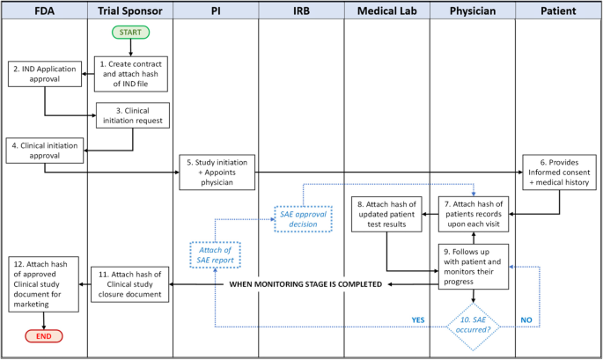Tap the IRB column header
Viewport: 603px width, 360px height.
(x=301, y=11)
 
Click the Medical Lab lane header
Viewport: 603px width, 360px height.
(x=386, y=11)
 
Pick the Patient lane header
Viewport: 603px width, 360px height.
(x=559, y=11)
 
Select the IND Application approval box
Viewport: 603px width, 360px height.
(x=44, y=74)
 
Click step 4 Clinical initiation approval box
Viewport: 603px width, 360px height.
(x=44, y=150)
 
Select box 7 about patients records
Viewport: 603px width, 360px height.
(x=474, y=211)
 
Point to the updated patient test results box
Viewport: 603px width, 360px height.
(x=386, y=211)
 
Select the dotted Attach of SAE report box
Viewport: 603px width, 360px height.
(x=217, y=255)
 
